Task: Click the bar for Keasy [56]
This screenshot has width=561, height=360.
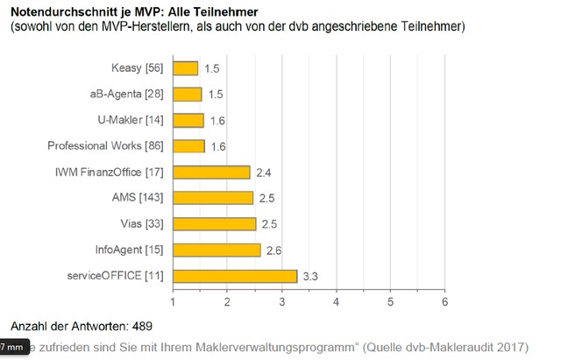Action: point(186,68)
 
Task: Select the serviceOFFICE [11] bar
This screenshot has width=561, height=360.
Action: point(235,276)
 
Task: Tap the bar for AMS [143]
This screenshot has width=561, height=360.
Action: point(213,198)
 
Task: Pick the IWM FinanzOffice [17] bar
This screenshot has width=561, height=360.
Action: point(211,173)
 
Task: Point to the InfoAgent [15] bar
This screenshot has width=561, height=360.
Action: point(217,251)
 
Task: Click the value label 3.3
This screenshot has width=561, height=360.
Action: point(310,277)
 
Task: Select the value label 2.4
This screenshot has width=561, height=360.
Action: point(262,173)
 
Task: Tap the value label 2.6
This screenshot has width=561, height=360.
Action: point(273,251)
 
